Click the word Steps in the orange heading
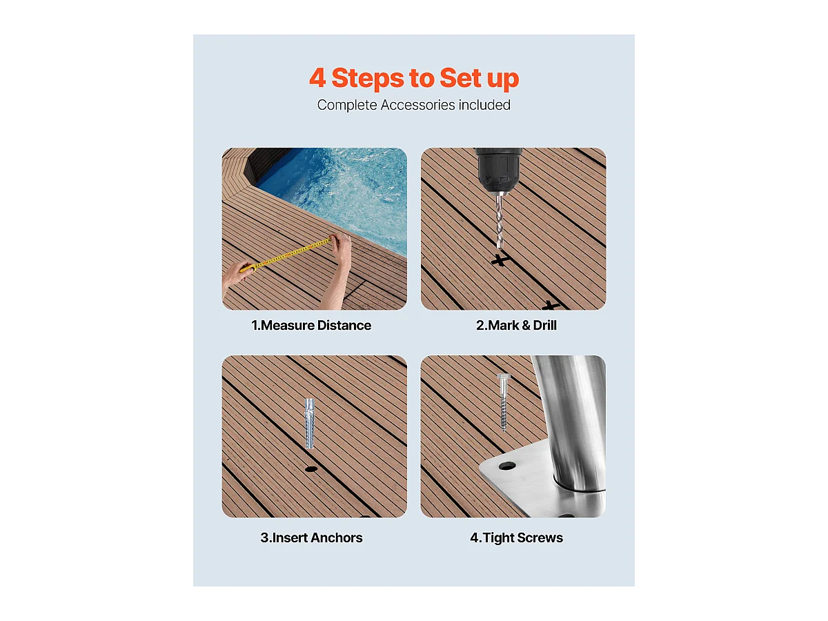click(367, 78)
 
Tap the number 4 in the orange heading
click(317, 78)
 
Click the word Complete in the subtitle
click(347, 105)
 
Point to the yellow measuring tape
click(286, 255)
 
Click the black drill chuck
click(499, 170)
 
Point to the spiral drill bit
click(500, 221)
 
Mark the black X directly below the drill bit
click(500, 260)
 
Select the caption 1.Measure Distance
click(311, 326)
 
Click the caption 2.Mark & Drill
click(516, 326)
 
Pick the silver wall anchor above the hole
click(309, 424)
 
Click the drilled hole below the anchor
click(310, 469)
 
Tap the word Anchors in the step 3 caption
click(337, 538)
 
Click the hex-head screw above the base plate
click(504, 402)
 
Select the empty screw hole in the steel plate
click(507, 466)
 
